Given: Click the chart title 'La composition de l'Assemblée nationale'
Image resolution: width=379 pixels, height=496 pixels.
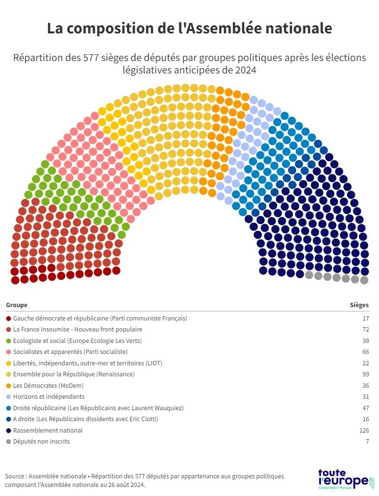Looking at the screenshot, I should click(189, 28).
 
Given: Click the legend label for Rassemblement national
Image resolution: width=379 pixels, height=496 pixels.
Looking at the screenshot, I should click(48, 430).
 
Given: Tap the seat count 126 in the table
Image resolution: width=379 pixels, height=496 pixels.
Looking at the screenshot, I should click(364, 430).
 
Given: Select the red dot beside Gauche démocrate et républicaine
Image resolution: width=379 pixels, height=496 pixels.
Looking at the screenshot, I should click(9, 318).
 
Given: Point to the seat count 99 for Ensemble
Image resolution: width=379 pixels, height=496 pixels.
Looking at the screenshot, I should click(365, 374).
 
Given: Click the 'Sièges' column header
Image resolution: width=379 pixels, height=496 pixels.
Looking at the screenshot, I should click(359, 305).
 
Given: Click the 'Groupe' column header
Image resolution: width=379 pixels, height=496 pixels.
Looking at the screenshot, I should click(17, 305).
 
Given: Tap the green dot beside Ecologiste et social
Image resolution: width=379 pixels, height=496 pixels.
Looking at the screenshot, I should click(9, 341).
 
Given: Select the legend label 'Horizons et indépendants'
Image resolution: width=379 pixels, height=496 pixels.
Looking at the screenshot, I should click(49, 396).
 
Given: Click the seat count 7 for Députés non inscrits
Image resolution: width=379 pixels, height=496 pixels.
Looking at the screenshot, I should click(367, 441).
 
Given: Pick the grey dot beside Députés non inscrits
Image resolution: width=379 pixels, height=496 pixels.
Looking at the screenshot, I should click(9, 441).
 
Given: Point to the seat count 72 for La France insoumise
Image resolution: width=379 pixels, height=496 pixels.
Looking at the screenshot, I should click(365, 330).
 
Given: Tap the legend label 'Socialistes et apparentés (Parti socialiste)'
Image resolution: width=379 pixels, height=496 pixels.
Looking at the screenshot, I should click(70, 352).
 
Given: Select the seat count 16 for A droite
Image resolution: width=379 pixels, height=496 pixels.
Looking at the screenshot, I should click(365, 419).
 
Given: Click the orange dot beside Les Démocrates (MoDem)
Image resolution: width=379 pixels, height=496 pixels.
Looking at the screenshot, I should click(9, 385).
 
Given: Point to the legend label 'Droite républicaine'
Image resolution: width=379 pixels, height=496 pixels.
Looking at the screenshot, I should click(98, 408).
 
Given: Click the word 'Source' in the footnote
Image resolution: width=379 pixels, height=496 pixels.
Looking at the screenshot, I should click(15, 476).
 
